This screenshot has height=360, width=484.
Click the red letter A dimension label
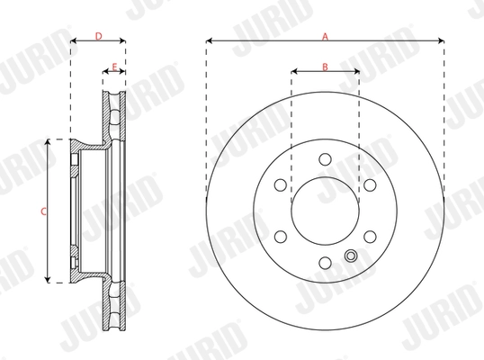pyautogui.click(x=325, y=35)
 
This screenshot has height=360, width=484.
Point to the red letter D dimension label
pyautogui.click(x=98, y=35)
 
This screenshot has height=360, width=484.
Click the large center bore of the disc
pyautogui.click(x=324, y=211)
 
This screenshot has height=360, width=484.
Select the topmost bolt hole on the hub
pyautogui.click(x=324, y=159)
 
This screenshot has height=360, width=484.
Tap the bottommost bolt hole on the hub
pyautogui.click(x=324, y=263)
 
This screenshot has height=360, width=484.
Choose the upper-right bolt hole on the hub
pyautogui.click(x=369, y=184)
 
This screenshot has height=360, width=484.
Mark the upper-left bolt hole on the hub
pyautogui.click(x=280, y=184)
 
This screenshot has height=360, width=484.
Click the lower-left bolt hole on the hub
pyautogui.click(x=280, y=237)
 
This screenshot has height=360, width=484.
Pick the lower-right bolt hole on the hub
pyautogui.click(x=369, y=237)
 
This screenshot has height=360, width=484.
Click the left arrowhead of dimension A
pyautogui.click(x=209, y=40)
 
